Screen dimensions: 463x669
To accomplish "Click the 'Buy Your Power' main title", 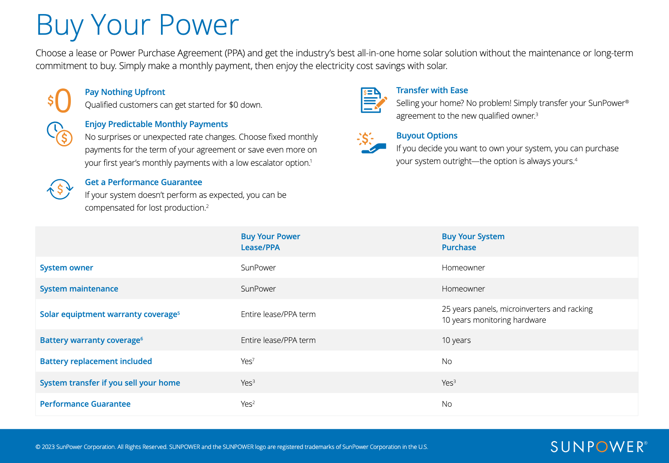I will click(x=137, y=25).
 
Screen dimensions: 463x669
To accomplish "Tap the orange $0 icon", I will click(x=60, y=101).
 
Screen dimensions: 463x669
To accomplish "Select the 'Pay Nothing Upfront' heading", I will click(x=125, y=92).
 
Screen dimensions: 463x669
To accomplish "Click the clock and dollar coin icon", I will click(x=60, y=134).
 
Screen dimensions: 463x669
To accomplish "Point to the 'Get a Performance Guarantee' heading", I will click(x=143, y=182).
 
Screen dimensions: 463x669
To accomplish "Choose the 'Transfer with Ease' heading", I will click(x=432, y=90).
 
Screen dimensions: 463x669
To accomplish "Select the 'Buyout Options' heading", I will click(x=427, y=135).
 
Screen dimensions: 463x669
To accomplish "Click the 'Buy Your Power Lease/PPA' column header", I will click(x=271, y=242).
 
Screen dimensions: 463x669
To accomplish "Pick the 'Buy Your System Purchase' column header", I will click(x=473, y=242).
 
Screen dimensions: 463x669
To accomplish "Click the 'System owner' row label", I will click(x=66, y=268).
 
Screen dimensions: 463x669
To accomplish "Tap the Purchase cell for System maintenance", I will click(x=463, y=289).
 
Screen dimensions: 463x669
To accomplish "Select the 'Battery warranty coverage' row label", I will click(x=91, y=340).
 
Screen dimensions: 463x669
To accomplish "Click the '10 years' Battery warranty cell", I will click(x=456, y=340).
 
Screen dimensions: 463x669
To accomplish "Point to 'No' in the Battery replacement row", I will click(x=447, y=361).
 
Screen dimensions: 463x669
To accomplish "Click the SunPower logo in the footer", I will click(x=599, y=447).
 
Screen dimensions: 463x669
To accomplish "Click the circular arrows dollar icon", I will click(x=60, y=190).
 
